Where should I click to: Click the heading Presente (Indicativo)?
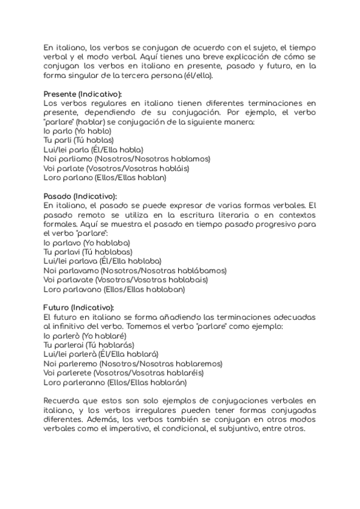point(82,94)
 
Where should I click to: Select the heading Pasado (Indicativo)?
point(80,196)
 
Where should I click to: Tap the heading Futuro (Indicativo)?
point(79,307)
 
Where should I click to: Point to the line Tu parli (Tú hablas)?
point(79,140)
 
